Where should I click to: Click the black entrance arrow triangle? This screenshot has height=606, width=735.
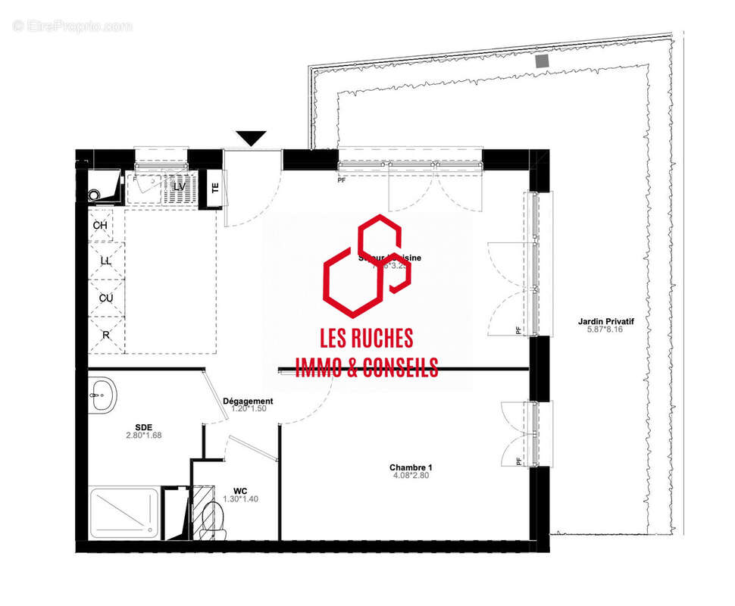click(x=251, y=138)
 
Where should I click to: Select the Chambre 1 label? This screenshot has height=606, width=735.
click(x=411, y=467)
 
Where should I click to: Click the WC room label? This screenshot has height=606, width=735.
click(x=241, y=490)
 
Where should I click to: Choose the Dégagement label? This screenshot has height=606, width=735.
click(x=248, y=401)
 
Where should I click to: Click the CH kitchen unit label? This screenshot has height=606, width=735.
click(x=100, y=226)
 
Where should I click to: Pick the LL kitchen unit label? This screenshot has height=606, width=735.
click(x=106, y=261)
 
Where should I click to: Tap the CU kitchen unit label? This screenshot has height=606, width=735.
click(x=106, y=298)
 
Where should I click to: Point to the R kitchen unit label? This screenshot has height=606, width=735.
click(x=105, y=334)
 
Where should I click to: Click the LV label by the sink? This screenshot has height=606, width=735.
click(x=179, y=186)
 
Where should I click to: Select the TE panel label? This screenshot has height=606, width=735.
click(x=215, y=189)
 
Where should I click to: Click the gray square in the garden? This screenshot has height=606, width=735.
click(x=541, y=61)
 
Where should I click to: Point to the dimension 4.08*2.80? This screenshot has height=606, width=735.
click(x=411, y=476)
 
